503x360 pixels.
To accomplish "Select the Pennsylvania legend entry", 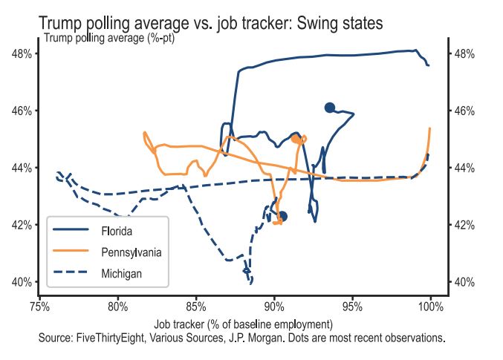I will pos(131,252).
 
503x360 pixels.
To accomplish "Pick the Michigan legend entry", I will pos(121,274).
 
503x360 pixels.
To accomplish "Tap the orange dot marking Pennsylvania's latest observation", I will pos(296,139).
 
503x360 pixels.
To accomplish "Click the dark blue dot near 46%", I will pos(330,108).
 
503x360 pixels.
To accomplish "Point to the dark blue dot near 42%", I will pos(282,216).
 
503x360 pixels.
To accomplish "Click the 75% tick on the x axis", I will pos(39,305).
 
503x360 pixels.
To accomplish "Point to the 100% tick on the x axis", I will pos(431,305).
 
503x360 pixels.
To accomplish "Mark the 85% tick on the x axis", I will pos(196,305).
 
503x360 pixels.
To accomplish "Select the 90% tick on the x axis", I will pos(274,305).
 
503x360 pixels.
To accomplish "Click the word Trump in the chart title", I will pos(62,24).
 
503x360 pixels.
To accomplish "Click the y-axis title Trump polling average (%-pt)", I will pos(110,38).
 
